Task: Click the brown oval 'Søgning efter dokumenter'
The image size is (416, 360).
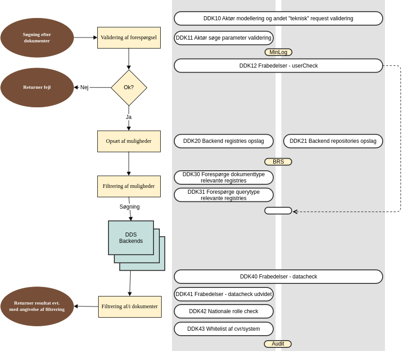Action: (x=37, y=38)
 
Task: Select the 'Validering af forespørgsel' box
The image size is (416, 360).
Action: (x=129, y=38)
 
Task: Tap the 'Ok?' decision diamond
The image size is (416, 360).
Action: (x=129, y=87)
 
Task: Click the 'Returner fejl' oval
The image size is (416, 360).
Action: (x=37, y=87)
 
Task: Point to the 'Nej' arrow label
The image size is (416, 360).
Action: (x=84, y=87)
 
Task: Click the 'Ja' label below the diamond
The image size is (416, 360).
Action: (x=129, y=117)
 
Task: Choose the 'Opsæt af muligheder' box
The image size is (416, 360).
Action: (x=129, y=141)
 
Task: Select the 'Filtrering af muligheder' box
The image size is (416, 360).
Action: (x=129, y=187)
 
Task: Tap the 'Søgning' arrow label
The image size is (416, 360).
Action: (x=130, y=207)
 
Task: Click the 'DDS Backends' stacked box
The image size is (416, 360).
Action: (x=131, y=238)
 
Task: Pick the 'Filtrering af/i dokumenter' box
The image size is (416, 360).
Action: (x=130, y=307)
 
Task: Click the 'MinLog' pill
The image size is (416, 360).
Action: (x=278, y=52)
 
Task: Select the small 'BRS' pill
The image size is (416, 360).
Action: (x=278, y=162)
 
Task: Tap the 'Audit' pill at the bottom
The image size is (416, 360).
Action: (x=278, y=344)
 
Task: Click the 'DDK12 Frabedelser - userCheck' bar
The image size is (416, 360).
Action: (x=278, y=66)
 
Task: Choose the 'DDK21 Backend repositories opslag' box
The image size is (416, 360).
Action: (x=333, y=141)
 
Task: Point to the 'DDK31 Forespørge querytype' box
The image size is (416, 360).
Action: (x=224, y=195)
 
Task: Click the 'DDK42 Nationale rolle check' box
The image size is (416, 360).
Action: (x=224, y=311)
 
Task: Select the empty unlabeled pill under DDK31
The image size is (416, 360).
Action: (x=278, y=211)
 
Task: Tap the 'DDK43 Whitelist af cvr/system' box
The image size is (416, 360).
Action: (x=224, y=329)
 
